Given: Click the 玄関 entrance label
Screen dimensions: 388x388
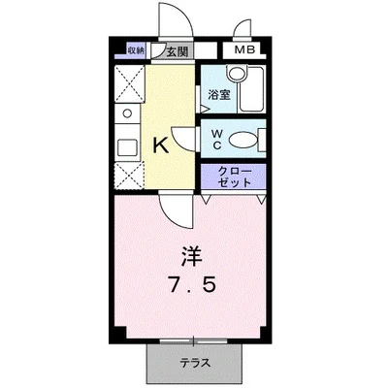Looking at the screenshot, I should (176, 51).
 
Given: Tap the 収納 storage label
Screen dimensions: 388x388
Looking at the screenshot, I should (135, 50).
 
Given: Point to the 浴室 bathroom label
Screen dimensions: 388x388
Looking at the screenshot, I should (217, 94).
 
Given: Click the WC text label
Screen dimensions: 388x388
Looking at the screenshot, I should (216, 140).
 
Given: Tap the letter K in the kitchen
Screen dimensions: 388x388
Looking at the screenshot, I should (163, 146).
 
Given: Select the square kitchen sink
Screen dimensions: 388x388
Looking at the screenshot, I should (127, 147).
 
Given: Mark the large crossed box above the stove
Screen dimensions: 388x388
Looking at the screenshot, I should (127, 83).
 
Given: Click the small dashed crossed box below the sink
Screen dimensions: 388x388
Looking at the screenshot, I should (127, 177).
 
